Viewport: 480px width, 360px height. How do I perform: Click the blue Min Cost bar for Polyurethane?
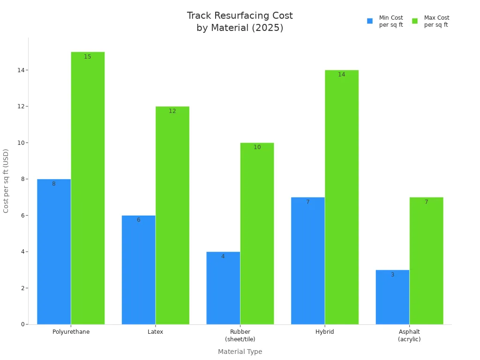tap(54, 253)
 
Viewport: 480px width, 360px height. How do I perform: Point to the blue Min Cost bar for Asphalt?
tap(392, 298)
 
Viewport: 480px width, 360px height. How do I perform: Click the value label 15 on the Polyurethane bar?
tap(88, 57)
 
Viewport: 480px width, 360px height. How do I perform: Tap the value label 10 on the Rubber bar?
tap(257, 147)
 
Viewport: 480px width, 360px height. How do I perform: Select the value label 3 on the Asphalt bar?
tap(392, 275)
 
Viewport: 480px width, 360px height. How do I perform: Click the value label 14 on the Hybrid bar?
tap(342, 75)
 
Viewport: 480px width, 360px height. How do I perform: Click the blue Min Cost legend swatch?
tap(370, 21)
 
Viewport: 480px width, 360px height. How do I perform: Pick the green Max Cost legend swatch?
tap(415, 21)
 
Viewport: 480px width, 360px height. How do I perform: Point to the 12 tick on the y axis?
tap(21, 106)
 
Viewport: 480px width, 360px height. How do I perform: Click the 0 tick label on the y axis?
tap(22, 324)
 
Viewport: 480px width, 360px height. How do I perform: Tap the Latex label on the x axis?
tap(156, 332)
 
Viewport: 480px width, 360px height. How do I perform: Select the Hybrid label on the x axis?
tap(325, 332)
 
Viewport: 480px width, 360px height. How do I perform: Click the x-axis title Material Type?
tap(240, 352)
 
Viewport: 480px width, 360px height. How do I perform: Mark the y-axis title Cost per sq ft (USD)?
tap(6, 181)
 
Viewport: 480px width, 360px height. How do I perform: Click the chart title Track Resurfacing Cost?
tap(240, 16)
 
